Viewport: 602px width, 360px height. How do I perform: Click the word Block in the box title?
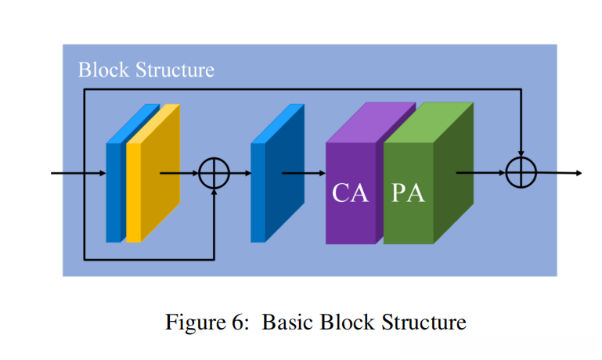pos(104,70)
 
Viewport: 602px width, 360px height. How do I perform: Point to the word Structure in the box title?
pos(175,70)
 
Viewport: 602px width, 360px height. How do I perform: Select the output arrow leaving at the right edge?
pos(559,173)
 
